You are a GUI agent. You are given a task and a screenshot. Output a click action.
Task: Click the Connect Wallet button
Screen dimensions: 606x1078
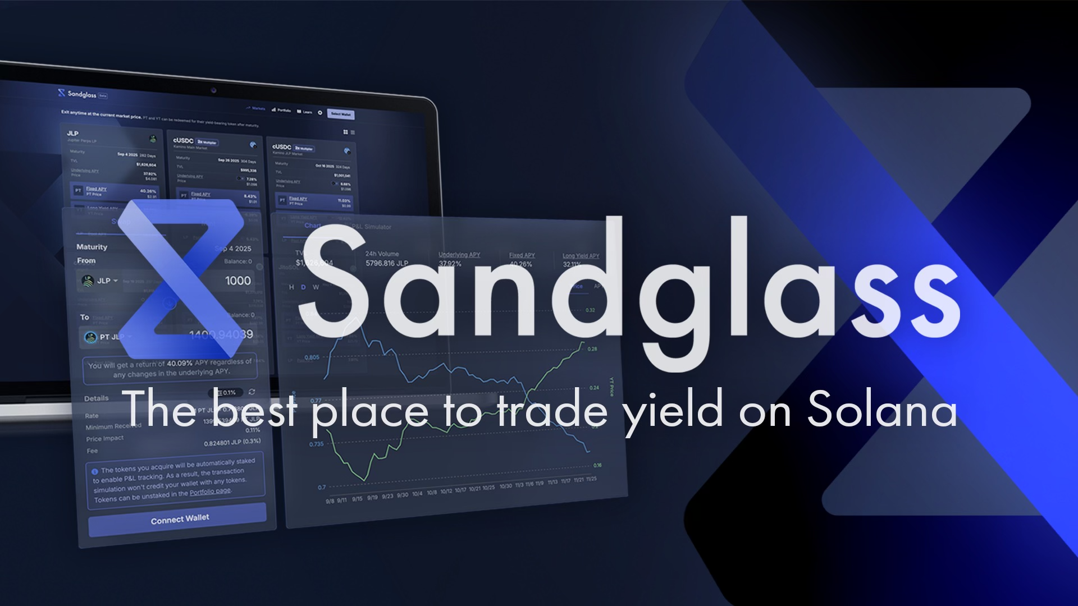(x=179, y=519)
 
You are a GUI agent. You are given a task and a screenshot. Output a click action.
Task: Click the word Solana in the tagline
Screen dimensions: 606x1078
(x=881, y=411)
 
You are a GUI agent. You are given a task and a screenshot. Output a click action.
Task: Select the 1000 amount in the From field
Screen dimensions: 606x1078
(x=237, y=281)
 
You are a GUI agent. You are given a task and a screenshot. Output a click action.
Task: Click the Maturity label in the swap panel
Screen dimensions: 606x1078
(x=92, y=247)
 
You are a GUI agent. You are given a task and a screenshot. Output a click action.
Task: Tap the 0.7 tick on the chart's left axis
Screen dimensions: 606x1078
(x=321, y=488)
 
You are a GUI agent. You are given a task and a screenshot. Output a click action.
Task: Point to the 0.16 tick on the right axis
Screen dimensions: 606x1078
(x=597, y=465)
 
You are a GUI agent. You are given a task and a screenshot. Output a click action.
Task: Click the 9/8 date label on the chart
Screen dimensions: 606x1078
(x=330, y=501)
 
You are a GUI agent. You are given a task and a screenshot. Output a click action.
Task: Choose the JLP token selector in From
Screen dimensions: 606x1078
(x=100, y=281)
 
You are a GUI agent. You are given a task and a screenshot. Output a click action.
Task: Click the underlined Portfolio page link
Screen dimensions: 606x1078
(x=210, y=492)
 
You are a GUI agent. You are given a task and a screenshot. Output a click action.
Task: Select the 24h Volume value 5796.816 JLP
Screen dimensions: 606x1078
(x=387, y=263)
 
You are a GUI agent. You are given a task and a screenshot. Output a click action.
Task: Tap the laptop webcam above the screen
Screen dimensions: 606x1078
(x=213, y=90)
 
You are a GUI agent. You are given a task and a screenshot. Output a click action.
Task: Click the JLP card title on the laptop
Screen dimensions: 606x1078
(x=72, y=134)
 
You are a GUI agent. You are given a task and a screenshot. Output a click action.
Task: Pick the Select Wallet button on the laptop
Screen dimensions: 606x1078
(x=340, y=114)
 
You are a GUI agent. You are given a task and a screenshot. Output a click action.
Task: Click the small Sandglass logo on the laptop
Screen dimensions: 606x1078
(x=62, y=93)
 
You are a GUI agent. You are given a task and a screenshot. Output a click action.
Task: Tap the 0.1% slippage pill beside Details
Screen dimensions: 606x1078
(x=226, y=392)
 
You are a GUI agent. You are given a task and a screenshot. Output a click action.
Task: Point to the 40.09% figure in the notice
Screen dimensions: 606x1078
(x=180, y=363)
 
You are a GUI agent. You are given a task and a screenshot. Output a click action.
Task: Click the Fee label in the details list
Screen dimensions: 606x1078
(x=92, y=451)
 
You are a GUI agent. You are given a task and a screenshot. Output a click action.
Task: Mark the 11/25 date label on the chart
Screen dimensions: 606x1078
(x=591, y=480)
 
